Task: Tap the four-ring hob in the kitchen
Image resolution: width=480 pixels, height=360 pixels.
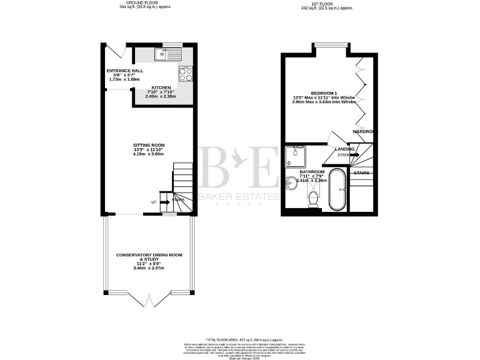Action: [x=186, y=74]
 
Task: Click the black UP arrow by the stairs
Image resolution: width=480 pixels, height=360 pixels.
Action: [x=164, y=202]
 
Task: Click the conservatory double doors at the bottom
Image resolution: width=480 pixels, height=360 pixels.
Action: [x=149, y=299]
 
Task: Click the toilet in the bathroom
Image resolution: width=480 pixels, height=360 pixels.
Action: [x=313, y=199]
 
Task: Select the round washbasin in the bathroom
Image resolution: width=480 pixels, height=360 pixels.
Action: [x=292, y=183]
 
